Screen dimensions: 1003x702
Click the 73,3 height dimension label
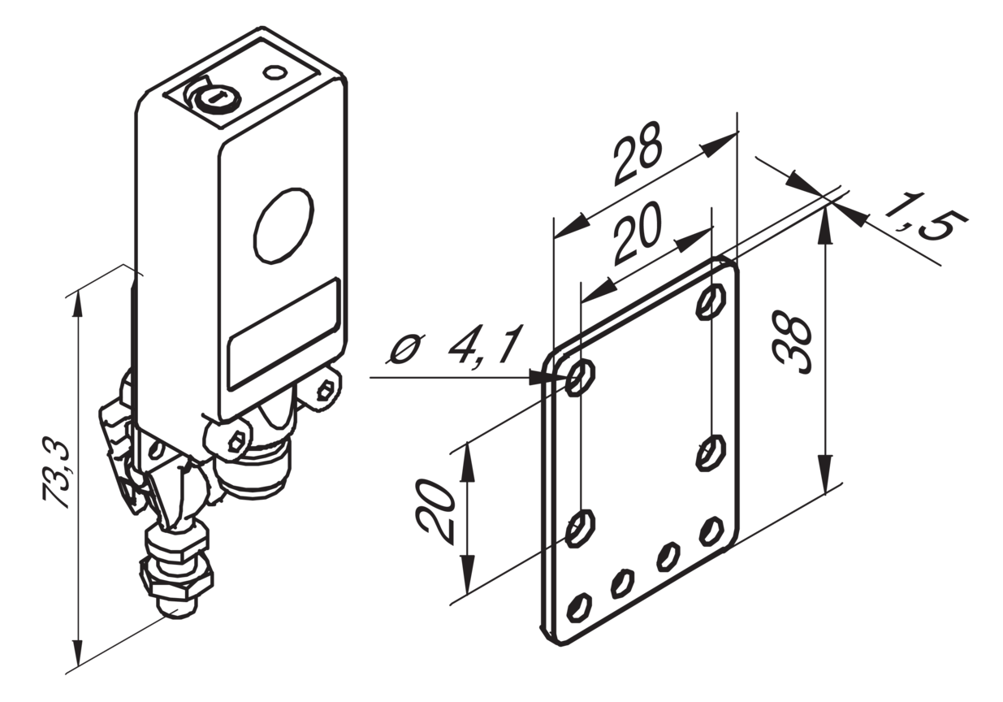[56, 476]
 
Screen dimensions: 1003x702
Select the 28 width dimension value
[638, 154]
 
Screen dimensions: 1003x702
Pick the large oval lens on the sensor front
[283, 225]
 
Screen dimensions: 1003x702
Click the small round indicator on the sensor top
[275, 72]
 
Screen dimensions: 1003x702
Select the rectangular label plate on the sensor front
[283, 334]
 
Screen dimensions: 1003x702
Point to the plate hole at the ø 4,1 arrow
[581, 379]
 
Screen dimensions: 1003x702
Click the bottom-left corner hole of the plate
[579, 608]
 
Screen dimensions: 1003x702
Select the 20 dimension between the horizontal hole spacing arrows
[638, 234]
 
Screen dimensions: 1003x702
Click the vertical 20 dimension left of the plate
[435, 512]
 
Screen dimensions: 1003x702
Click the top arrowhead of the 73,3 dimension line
[78, 305]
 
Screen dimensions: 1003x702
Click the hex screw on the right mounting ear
[325, 390]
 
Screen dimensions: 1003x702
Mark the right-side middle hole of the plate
[711, 453]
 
